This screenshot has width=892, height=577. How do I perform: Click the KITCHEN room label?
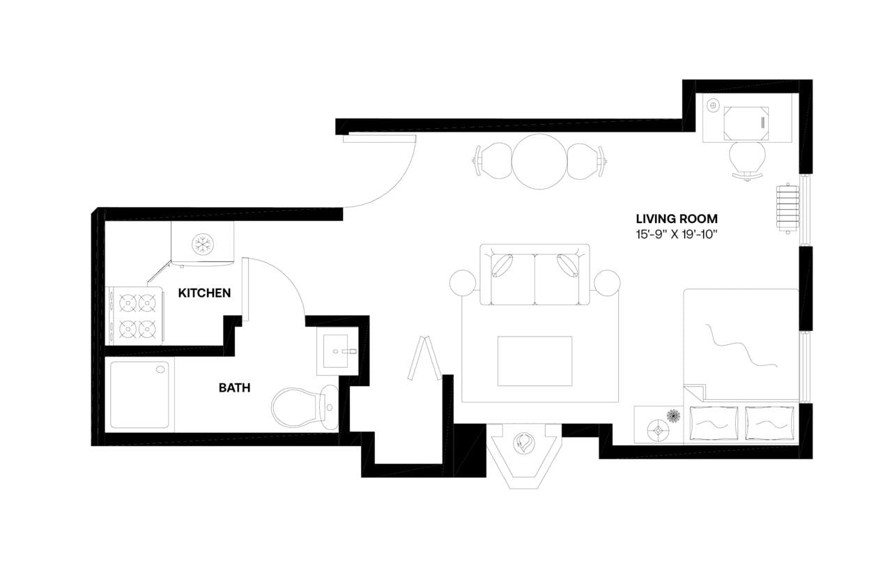(x=204, y=293)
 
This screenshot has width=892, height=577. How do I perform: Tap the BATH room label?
(x=234, y=388)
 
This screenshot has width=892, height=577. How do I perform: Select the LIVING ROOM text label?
(x=676, y=218)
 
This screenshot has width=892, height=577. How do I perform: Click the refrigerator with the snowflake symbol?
(x=203, y=244)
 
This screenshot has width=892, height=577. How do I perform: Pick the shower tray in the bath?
(x=139, y=394)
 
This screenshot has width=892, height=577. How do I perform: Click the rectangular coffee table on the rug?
(x=535, y=361)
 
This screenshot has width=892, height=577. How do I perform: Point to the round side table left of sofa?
(x=463, y=283)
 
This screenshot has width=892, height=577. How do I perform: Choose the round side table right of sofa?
(x=606, y=283)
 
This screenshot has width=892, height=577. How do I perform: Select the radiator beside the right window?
(x=787, y=210)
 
